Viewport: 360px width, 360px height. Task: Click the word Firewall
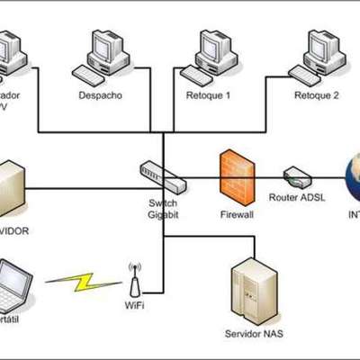(238, 216)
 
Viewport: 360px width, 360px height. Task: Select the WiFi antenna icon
(135, 280)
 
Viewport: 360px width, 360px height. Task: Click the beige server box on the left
(11, 189)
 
